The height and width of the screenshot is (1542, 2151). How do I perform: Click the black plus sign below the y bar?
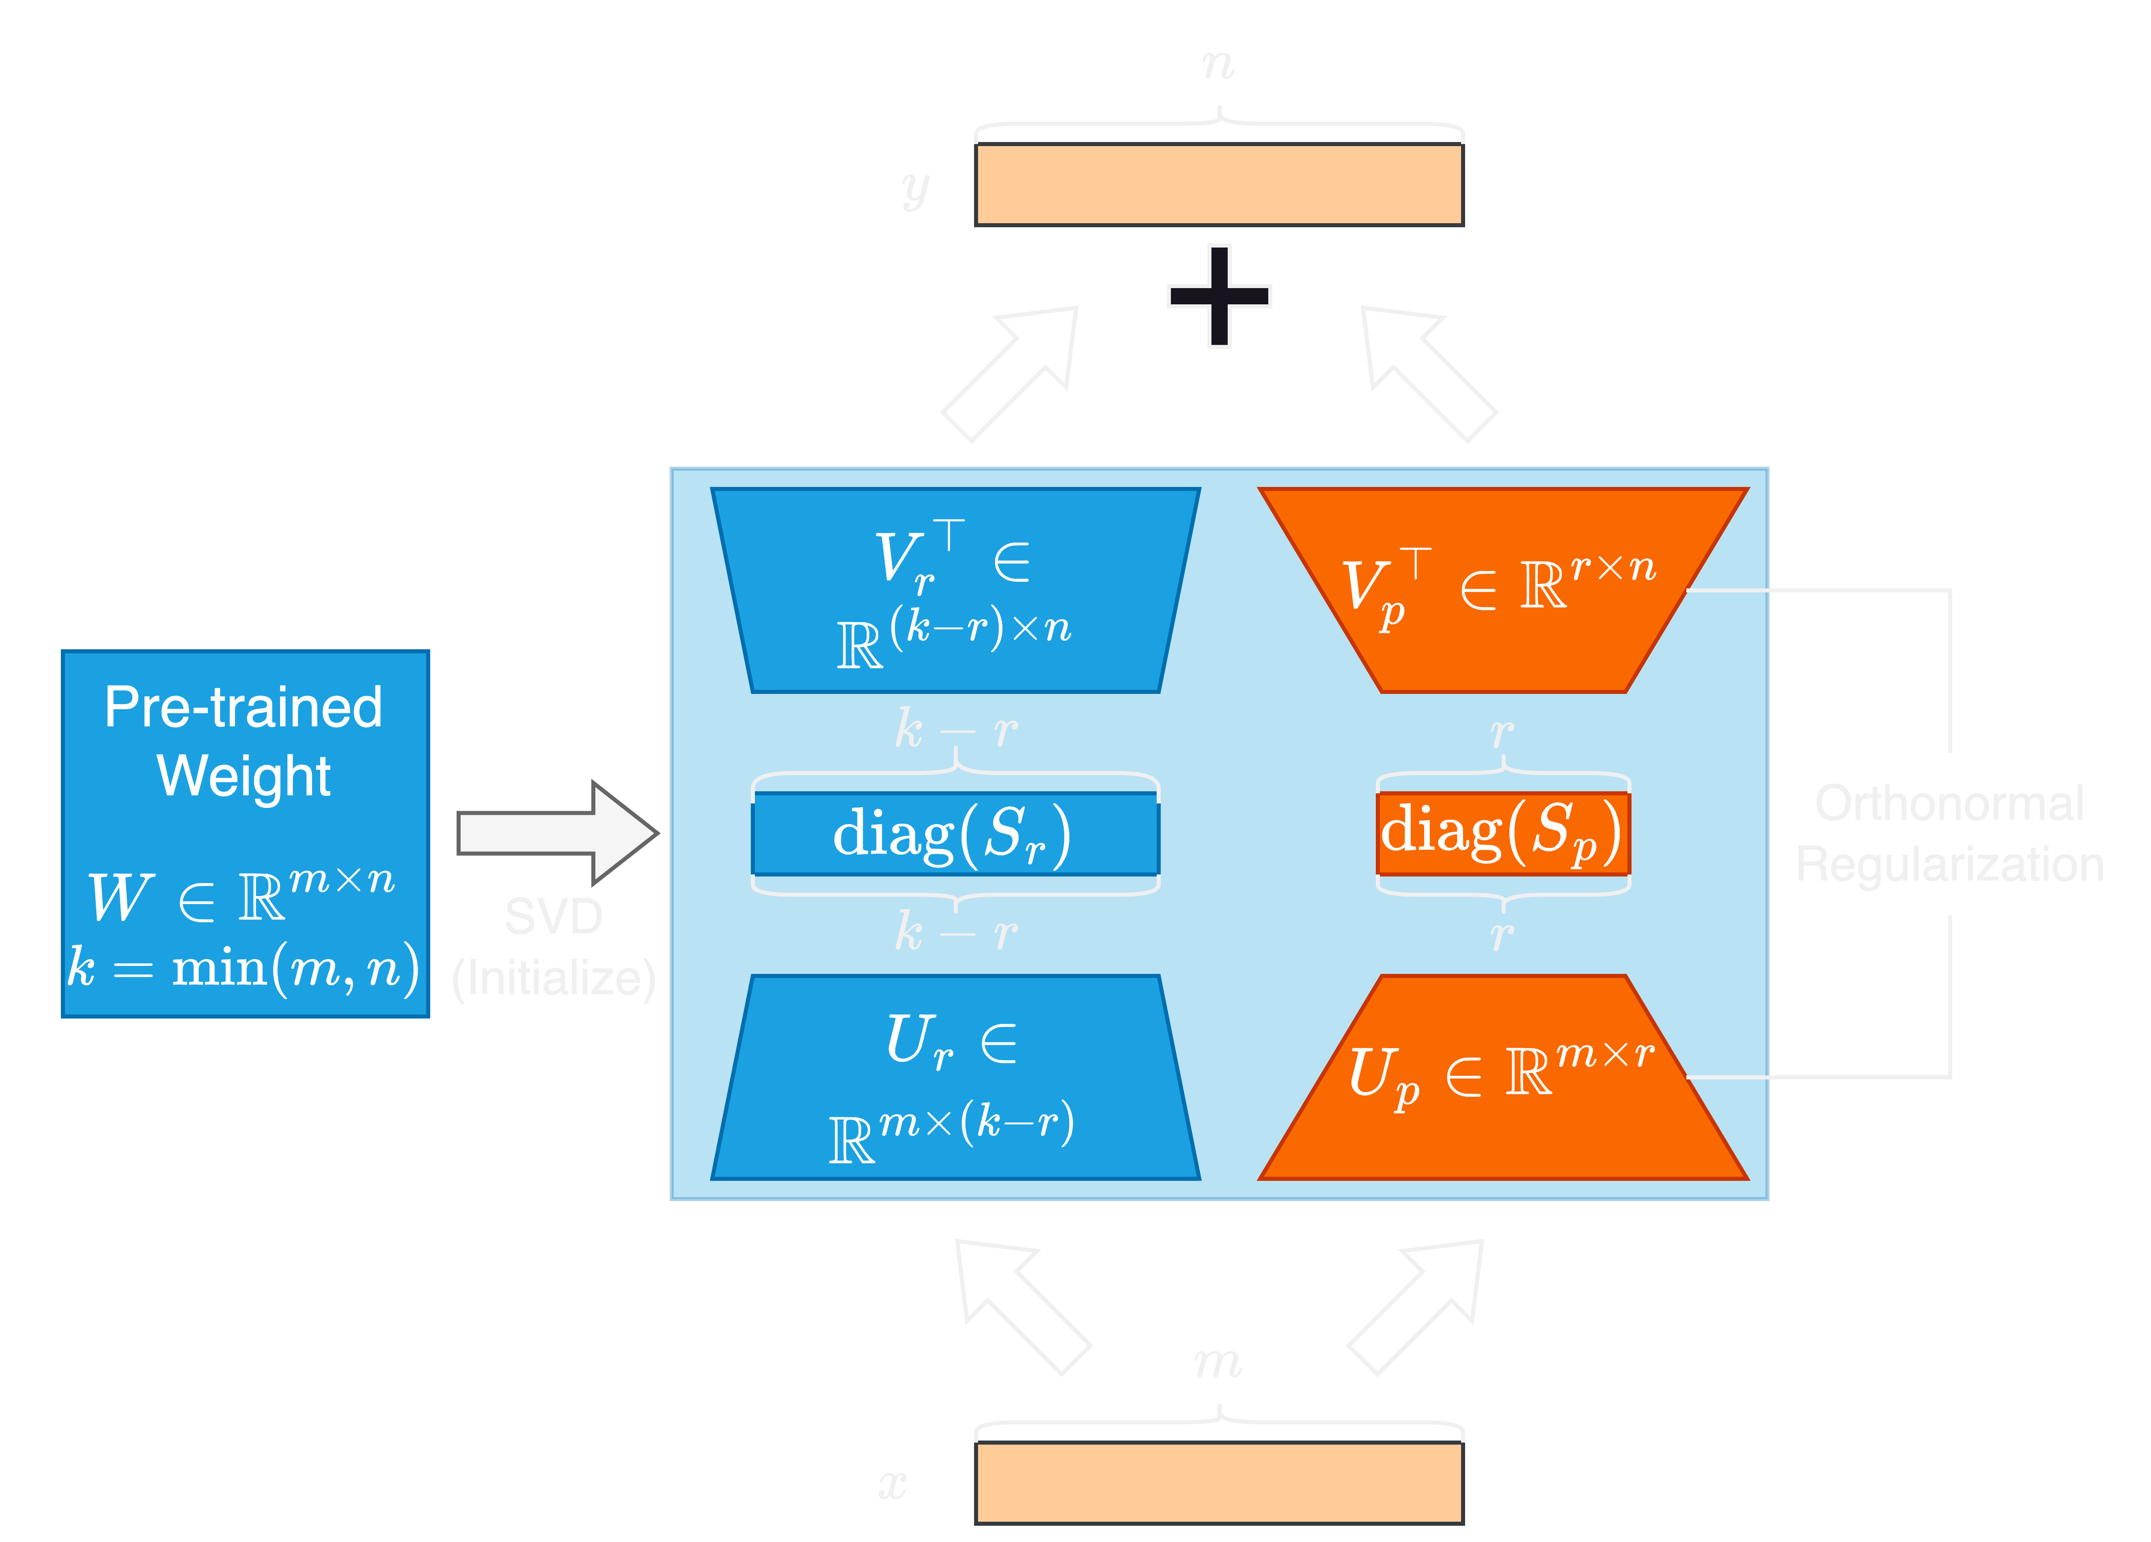(x=1219, y=296)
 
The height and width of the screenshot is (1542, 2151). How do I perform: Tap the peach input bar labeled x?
(x=1219, y=1482)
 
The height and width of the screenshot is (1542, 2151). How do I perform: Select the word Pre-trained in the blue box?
(x=244, y=707)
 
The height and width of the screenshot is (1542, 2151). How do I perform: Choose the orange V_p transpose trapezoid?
(x=1502, y=588)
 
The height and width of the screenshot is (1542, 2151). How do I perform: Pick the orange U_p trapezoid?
(x=1502, y=1078)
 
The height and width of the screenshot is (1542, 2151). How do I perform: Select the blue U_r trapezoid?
(x=955, y=1078)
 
